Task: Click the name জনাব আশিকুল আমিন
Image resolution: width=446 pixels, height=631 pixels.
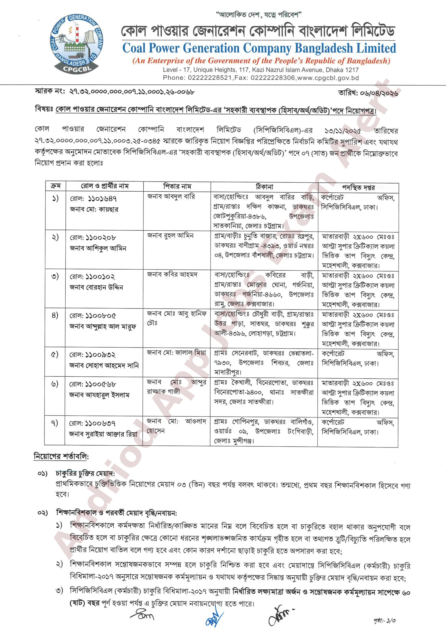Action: (98, 248)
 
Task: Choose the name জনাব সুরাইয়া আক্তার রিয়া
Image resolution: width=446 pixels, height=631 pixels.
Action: (103, 434)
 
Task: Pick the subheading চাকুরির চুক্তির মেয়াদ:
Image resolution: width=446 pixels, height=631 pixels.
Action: (85, 474)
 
